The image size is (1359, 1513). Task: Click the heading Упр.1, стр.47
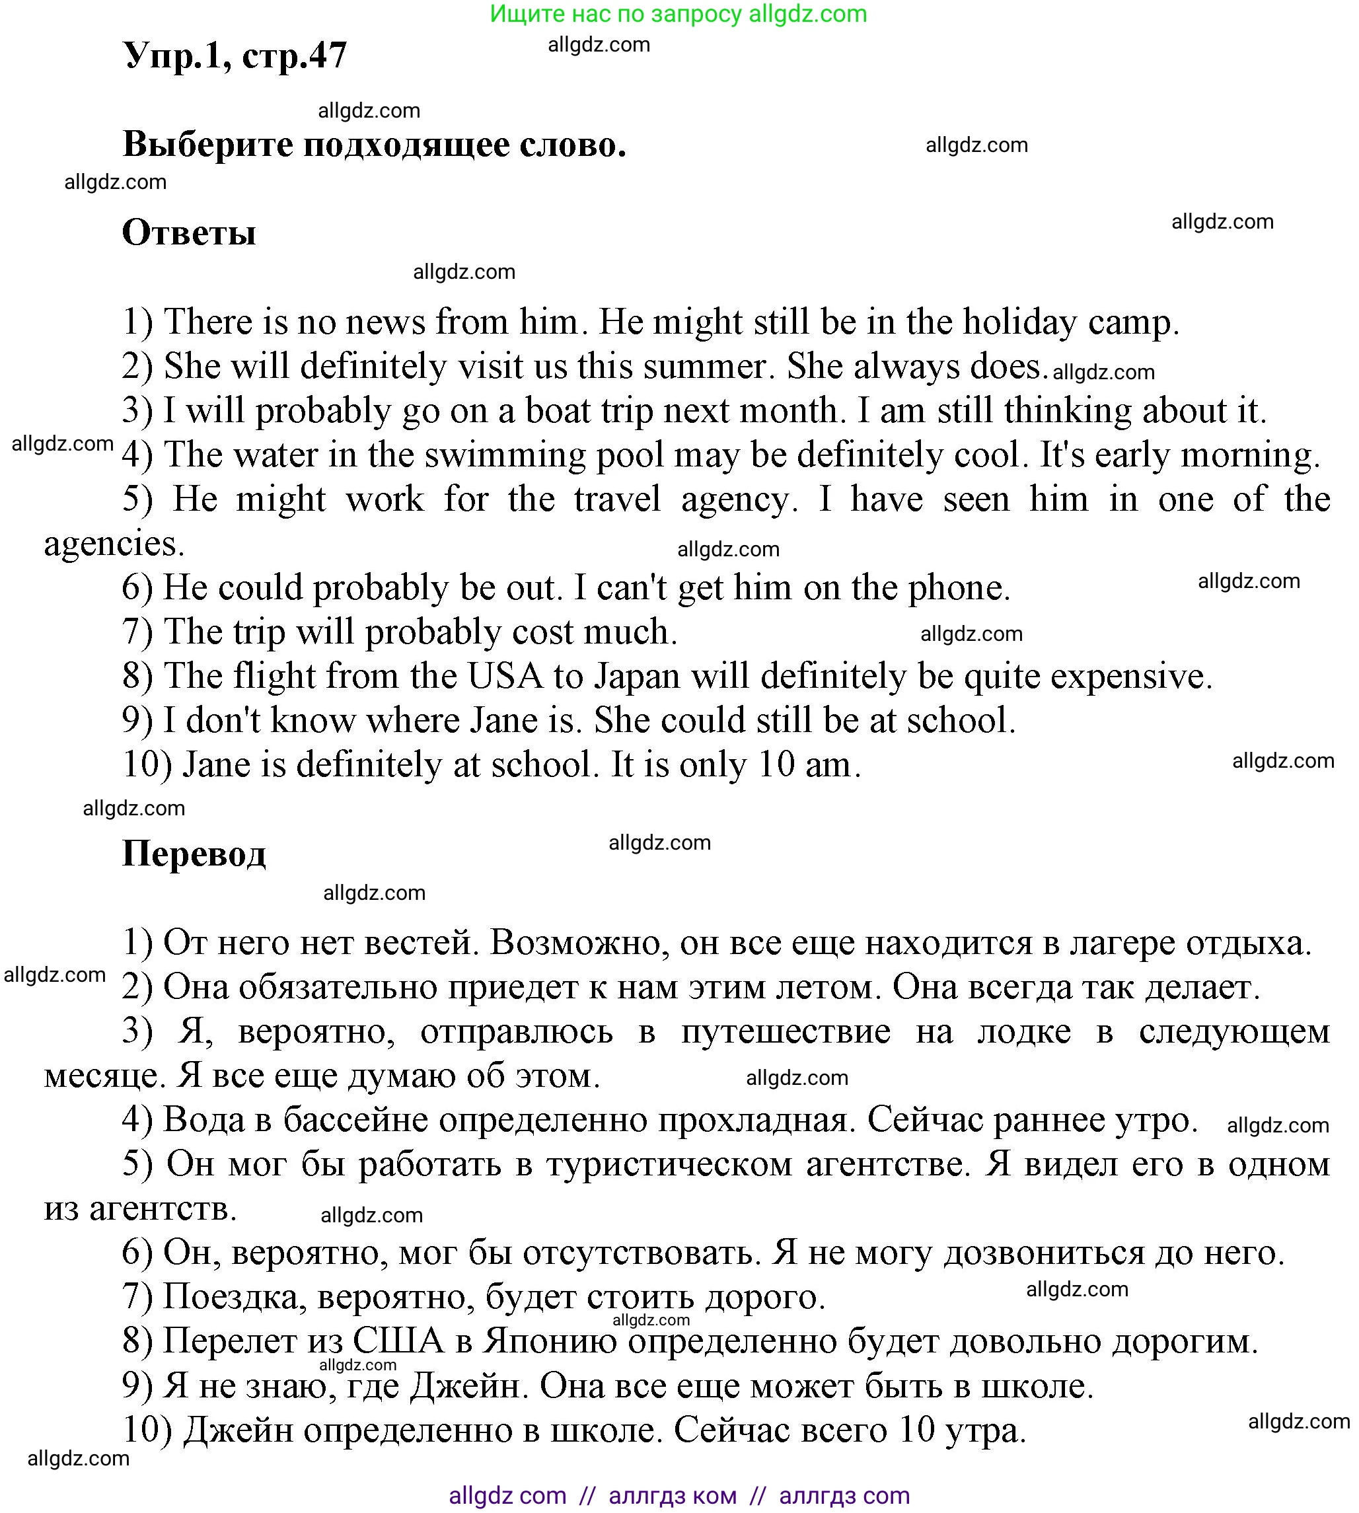(x=235, y=56)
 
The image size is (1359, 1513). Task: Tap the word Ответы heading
(x=189, y=233)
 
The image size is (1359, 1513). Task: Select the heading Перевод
(x=194, y=854)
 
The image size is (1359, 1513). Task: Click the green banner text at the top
(x=678, y=13)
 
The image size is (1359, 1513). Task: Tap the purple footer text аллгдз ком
(x=672, y=1496)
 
